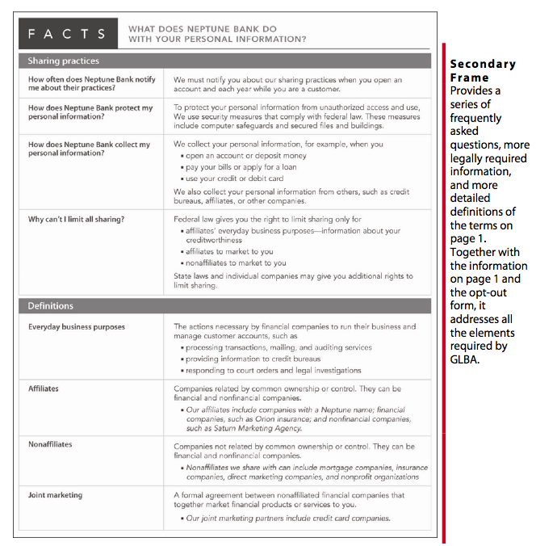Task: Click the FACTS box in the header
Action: coord(67,34)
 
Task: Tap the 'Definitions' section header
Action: coord(51,306)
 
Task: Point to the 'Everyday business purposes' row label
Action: coord(77,327)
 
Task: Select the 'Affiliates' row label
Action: coord(43,388)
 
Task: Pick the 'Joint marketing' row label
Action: coord(55,495)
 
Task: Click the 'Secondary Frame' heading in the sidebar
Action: coord(483,71)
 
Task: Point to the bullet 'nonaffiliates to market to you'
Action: coord(236,262)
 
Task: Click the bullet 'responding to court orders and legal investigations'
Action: coord(274,371)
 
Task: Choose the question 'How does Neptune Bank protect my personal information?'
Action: coord(90,112)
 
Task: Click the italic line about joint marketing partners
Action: coord(288,518)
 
